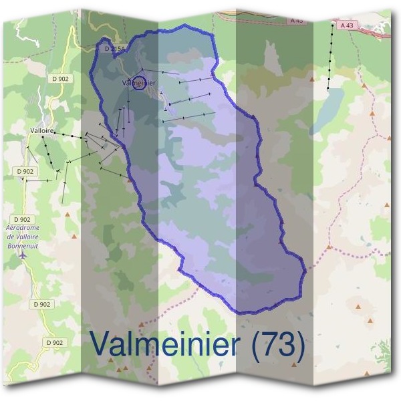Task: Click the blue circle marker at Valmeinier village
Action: [x=140, y=84]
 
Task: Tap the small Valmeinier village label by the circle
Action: [x=139, y=82]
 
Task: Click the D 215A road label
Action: [x=116, y=49]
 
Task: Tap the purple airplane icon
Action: [x=24, y=255]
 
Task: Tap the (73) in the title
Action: [x=279, y=346]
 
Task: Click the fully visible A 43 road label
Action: [x=346, y=25]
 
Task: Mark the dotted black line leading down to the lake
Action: [x=331, y=57]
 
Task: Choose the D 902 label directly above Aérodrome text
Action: [x=22, y=219]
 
